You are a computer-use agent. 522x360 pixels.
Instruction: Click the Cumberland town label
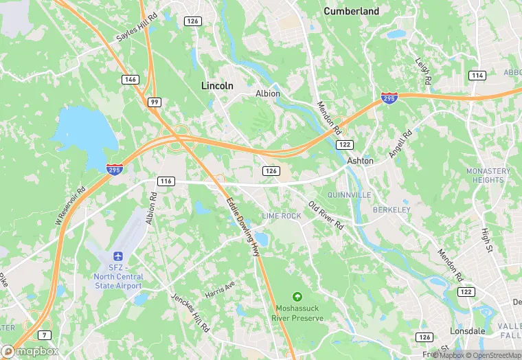pos(351,11)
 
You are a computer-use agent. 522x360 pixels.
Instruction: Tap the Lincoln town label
pos(217,86)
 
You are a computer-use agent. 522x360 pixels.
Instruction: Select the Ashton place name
pos(360,161)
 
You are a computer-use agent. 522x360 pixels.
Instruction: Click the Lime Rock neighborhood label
pos(281,216)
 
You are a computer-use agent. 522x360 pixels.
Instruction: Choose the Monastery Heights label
pos(488,175)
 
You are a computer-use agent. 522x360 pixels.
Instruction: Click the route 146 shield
pos(130,80)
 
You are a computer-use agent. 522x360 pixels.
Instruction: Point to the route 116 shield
pos(165,181)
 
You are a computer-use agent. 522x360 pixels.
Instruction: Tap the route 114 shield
pos(477,75)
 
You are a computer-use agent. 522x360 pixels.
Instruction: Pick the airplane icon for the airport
pos(116,255)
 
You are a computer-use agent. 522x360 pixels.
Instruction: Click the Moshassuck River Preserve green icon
pos(297,297)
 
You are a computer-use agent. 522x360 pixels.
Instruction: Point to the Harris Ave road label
pos(220,290)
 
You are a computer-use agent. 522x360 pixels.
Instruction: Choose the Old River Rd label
pos(326,215)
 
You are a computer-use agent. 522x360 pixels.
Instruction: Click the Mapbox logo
pos(29,352)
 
